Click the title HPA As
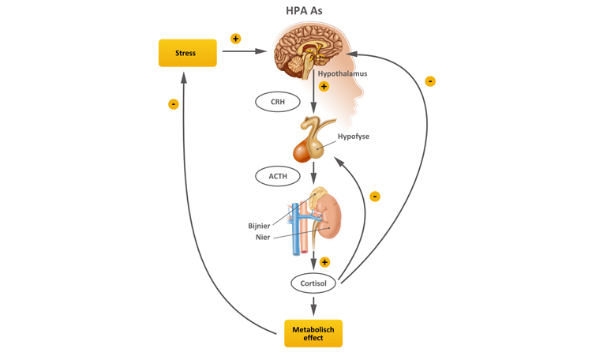[x=304, y=11]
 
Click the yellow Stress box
[x=187, y=53]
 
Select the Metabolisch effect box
[x=313, y=333]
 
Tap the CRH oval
[x=278, y=102]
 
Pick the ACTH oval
[x=278, y=175]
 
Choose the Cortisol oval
[x=313, y=283]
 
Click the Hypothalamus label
[x=342, y=74]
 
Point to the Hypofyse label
[x=353, y=137]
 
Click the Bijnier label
[x=259, y=226]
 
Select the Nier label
[x=263, y=237]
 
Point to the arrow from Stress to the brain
[x=244, y=51]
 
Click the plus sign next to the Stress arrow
[x=235, y=39]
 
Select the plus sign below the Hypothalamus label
[x=324, y=87]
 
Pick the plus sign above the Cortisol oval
[x=324, y=262]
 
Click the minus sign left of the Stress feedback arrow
[x=174, y=104]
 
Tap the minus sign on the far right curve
[x=430, y=81]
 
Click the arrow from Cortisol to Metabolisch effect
[x=314, y=306]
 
